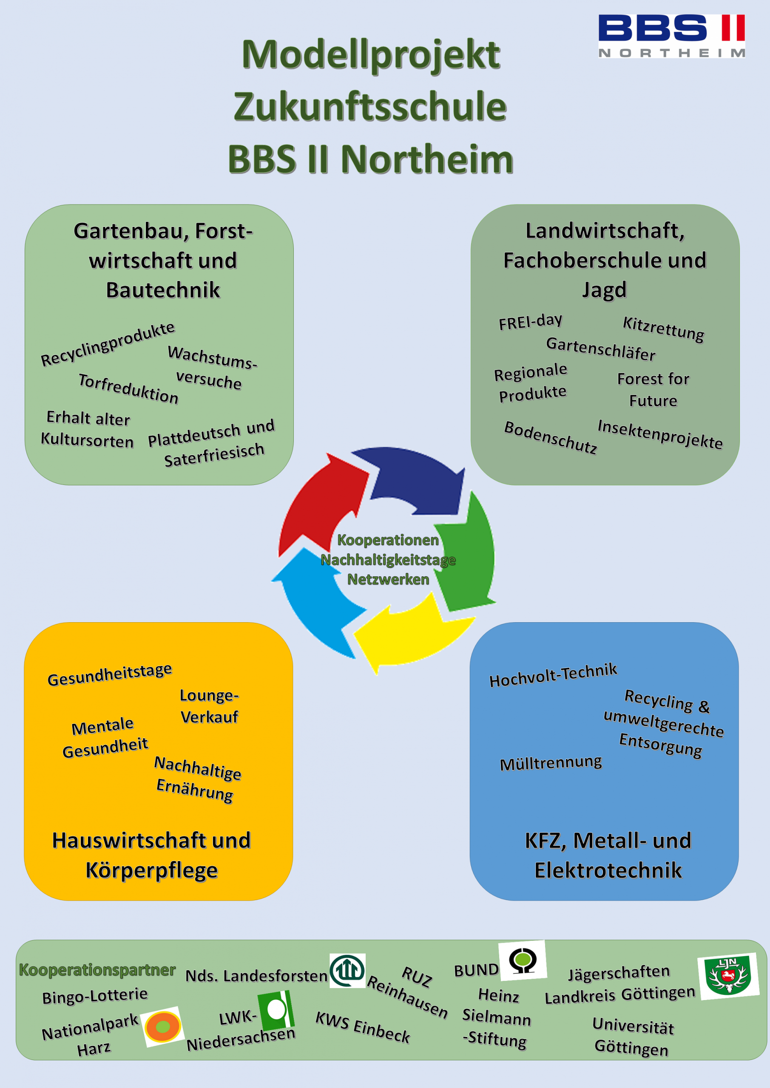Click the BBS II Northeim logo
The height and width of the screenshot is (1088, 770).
click(x=671, y=36)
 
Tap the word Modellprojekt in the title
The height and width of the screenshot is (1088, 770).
click(x=370, y=54)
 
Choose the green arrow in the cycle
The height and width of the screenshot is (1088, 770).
click(x=467, y=555)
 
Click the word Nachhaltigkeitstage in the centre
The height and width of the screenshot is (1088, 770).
click(x=388, y=560)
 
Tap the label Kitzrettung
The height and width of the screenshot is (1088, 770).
click(x=663, y=329)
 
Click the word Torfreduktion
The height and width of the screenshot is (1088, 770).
click(x=128, y=388)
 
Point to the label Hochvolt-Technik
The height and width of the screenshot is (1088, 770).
click(x=553, y=675)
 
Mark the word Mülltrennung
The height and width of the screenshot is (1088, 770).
click(x=551, y=763)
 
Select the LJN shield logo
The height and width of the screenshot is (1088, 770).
click(x=728, y=976)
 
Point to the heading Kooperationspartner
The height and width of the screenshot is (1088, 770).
click(x=97, y=969)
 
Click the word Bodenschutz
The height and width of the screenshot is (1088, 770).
click(x=551, y=437)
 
